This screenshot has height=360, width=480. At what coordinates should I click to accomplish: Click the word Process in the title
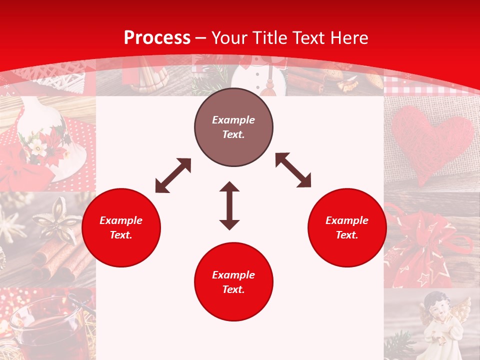click(157, 38)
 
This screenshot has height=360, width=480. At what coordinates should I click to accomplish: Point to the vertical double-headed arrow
click(229, 205)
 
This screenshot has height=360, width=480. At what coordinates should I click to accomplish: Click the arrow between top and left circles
click(173, 175)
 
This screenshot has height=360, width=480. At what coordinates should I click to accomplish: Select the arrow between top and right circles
click(293, 170)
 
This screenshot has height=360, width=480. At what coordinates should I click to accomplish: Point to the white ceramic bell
click(45, 135)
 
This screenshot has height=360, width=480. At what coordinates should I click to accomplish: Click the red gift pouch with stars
click(425, 250)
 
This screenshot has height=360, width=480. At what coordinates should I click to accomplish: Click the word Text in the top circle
click(233, 134)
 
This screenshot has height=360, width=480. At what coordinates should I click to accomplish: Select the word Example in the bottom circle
click(233, 275)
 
